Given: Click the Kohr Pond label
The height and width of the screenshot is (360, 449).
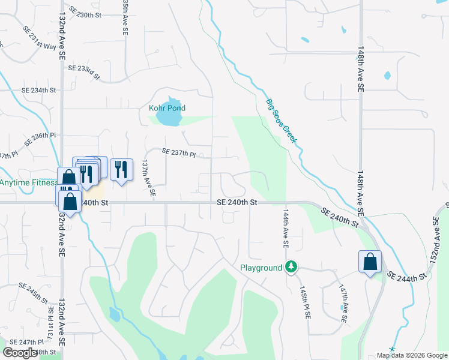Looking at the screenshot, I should [x=167, y=108].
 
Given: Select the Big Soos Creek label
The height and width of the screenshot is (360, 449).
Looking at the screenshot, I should [x=282, y=120].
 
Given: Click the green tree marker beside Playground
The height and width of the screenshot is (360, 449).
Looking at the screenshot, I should [x=291, y=266].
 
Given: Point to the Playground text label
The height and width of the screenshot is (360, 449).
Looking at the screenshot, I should [x=261, y=268].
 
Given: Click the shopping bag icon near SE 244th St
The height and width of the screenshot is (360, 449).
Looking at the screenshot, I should [x=370, y=262].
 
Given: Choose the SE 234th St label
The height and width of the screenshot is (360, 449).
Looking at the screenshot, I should [x=38, y=90].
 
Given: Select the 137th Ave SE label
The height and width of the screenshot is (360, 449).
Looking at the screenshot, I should [x=148, y=178].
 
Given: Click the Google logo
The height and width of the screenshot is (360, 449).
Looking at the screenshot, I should [x=20, y=352].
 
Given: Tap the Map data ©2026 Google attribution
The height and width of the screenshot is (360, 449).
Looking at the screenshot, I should [x=412, y=355].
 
